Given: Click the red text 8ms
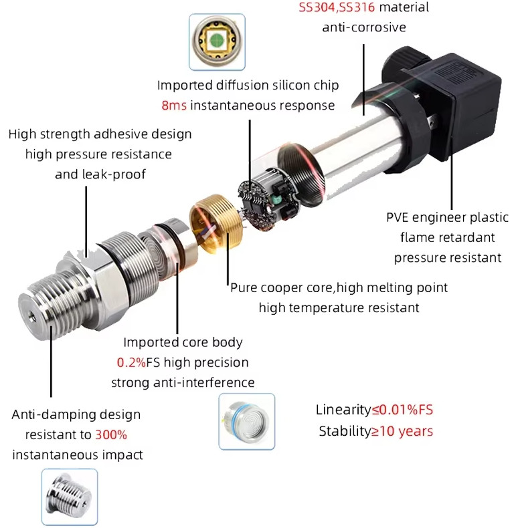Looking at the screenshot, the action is point(174,106).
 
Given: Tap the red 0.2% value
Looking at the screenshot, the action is point(132,362).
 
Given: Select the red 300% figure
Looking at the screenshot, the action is point(111,434).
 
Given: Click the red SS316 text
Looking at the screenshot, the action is point(357,7).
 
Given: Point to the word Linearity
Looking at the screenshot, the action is point(343,410).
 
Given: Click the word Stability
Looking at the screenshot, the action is point(345,431).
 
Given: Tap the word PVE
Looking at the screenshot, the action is point(398,217).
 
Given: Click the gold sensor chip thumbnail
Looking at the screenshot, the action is point(217,41).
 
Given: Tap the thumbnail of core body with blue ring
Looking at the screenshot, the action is point(246,422).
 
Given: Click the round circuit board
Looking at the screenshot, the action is point(267,199).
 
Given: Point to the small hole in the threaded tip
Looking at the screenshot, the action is point(31,317).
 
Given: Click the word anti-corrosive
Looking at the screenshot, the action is point(364,27).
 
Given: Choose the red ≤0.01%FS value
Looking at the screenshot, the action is point(402,410).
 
